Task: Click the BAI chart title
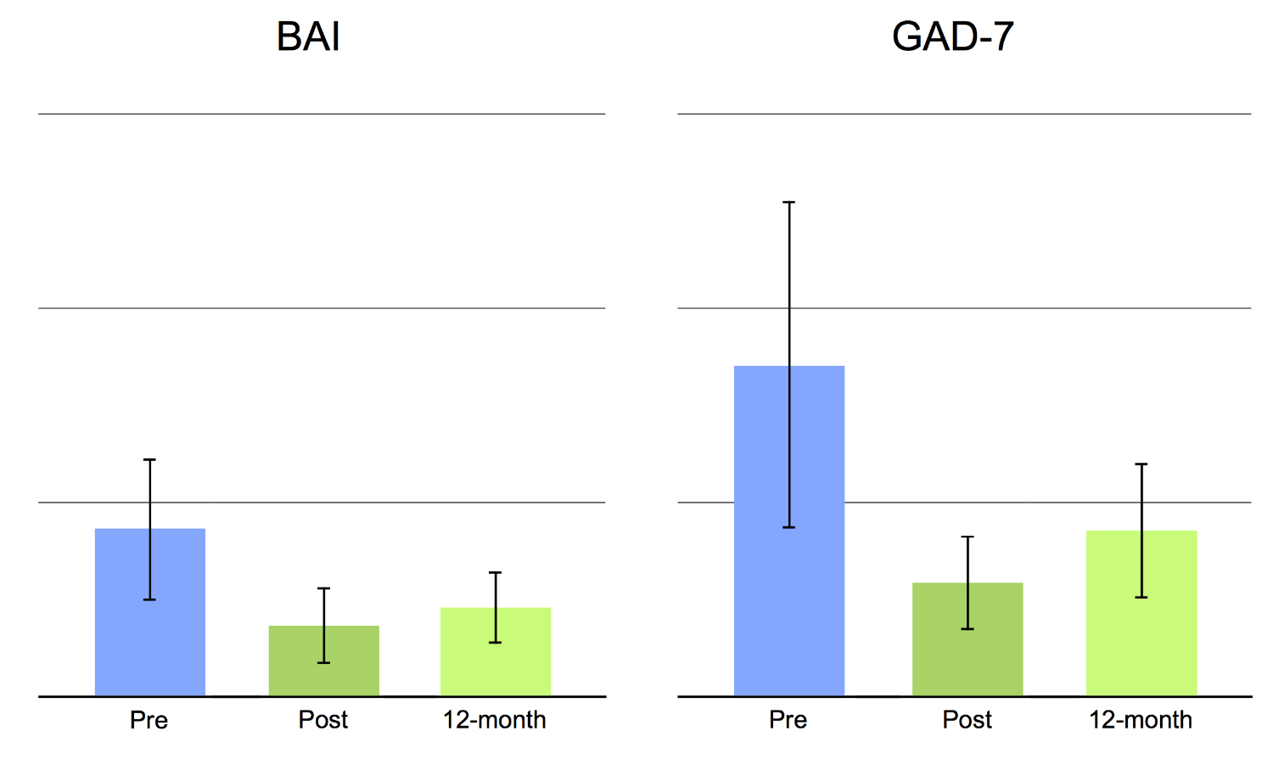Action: pyautogui.click(x=308, y=37)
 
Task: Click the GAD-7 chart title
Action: pyautogui.click(x=952, y=37)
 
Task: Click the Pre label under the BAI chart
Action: pyautogui.click(x=149, y=720)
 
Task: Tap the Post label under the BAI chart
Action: pyautogui.click(x=322, y=720)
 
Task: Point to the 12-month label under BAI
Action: pyautogui.click(x=494, y=720)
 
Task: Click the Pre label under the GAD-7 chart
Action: pyautogui.click(x=788, y=720)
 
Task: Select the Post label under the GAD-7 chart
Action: pyautogui.click(x=967, y=720)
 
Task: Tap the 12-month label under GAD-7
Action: pyautogui.click(x=1140, y=720)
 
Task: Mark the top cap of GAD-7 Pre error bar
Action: pyautogui.click(x=789, y=202)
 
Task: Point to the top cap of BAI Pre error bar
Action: pyautogui.click(x=150, y=459)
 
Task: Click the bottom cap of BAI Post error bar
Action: pyautogui.click(x=323, y=662)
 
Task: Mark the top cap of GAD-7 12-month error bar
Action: pyautogui.click(x=1141, y=464)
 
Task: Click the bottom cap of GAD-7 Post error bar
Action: pyautogui.click(x=967, y=629)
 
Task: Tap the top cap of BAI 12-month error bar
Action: pyautogui.click(x=496, y=573)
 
